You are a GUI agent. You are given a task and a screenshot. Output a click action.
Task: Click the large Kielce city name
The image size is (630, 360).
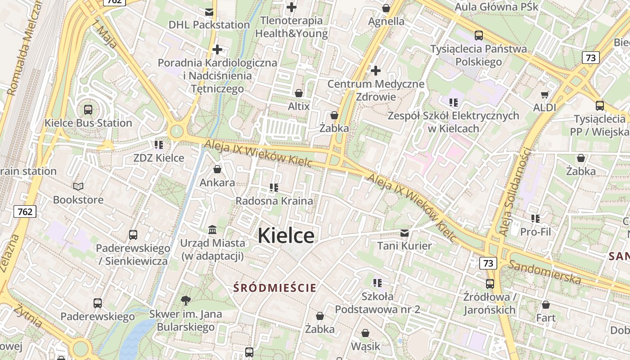pyautogui.click(x=286, y=236)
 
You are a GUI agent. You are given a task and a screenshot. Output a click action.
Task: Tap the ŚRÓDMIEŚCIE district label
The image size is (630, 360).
pyautogui.click(x=275, y=288)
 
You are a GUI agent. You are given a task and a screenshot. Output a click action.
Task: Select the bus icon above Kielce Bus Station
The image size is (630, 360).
pyautogui.click(x=88, y=109)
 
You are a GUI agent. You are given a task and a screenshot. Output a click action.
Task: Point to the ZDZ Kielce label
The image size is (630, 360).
pyautogui.click(x=159, y=158)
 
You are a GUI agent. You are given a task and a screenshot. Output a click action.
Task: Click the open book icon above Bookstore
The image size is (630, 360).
pyautogui.click(x=78, y=186)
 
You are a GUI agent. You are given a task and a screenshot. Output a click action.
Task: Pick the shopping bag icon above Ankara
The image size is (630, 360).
pyautogui.click(x=217, y=170)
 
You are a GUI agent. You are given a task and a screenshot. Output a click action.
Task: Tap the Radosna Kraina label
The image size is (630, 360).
pyautogui.click(x=274, y=201)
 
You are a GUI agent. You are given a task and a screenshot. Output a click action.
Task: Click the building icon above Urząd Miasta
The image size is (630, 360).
pyautogui.click(x=212, y=230)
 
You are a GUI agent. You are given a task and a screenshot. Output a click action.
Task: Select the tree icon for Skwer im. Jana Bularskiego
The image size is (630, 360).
pyautogui.click(x=185, y=300)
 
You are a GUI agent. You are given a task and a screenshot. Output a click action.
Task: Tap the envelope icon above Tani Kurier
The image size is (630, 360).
pyautogui.click(x=405, y=233)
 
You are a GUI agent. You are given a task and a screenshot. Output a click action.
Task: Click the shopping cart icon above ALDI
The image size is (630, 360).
pyautogui.click(x=544, y=94)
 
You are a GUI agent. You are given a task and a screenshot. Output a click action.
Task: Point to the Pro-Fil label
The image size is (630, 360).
pyautogui.click(x=535, y=232)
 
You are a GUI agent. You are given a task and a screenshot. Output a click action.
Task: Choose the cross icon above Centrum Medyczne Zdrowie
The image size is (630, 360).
pyautogui.click(x=376, y=71)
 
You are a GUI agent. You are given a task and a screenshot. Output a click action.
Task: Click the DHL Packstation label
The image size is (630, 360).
pyautogui.click(x=209, y=25)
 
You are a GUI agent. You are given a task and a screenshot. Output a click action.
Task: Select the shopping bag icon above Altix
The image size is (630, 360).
pyautogui.click(x=299, y=93)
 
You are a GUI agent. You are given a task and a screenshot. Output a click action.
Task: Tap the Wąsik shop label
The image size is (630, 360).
pyautogui.click(x=365, y=346)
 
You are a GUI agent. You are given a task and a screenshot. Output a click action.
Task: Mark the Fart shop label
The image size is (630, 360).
pyautogui.click(x=546, y=318)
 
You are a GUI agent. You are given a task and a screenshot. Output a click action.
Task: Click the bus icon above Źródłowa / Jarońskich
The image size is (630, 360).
pyautogui.click(x=490, y=284)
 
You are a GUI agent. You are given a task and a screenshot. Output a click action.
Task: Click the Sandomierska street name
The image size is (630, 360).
pyautogui.click(x=544, y=271)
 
